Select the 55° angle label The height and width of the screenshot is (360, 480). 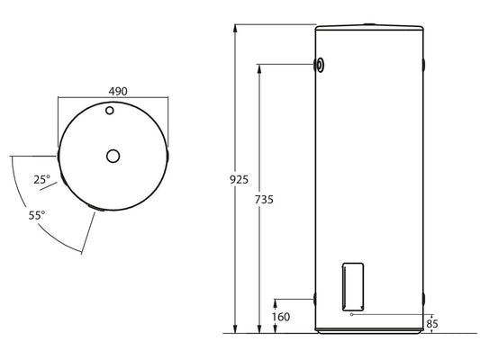coord(37,216)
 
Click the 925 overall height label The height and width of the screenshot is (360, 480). coord(239,179)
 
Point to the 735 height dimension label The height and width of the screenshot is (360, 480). coord(263,198)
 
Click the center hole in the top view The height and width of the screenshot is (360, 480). coord(113,156)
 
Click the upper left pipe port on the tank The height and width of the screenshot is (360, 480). coord(320,65)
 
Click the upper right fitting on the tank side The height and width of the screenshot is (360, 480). coord(423,65)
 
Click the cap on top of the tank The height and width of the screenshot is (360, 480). coord(369,22)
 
